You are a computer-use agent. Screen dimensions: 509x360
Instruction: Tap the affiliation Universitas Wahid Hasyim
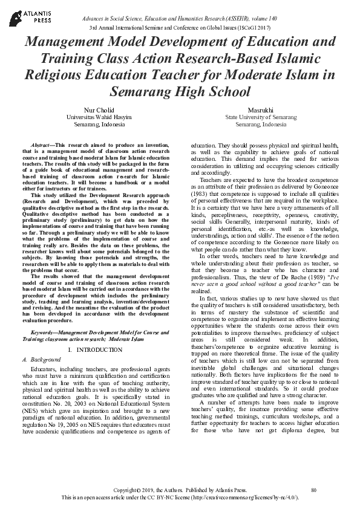95,117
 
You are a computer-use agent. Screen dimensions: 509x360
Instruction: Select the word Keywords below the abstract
45,332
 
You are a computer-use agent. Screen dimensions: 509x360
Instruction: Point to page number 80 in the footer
313,488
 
